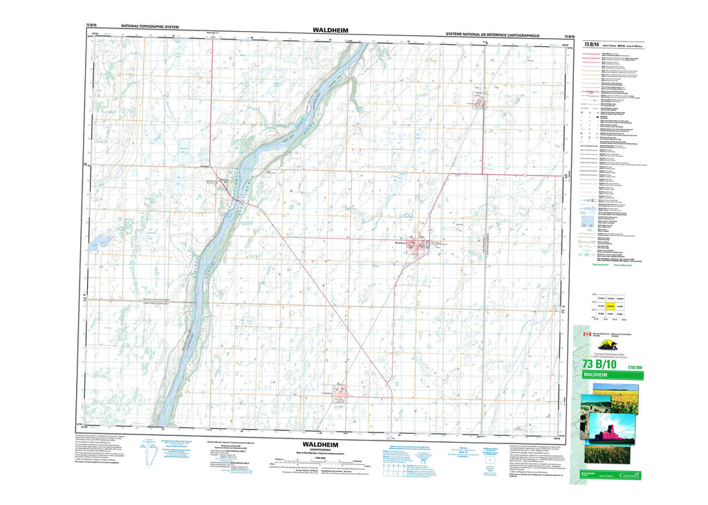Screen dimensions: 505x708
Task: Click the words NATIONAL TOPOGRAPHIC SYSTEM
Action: pyautogui.click(x=150, y=27)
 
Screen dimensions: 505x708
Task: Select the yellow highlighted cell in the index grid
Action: pyautogui.click(x=611, y=304)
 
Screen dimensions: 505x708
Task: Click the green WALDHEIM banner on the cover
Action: pyautogui.click(x=608, y=375)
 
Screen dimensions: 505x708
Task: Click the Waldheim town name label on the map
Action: pyautogui.click(x=401, y=243)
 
